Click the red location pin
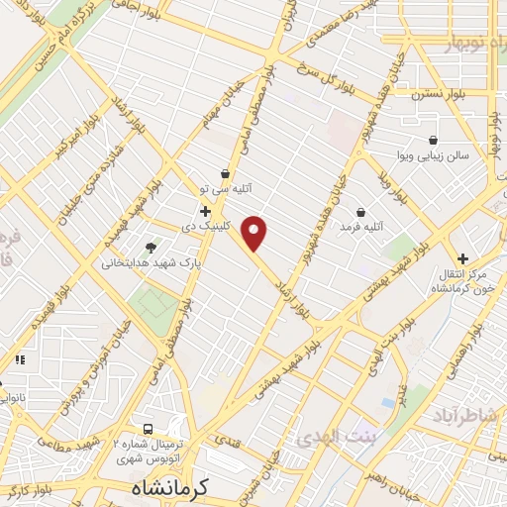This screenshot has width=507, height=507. point(255,233)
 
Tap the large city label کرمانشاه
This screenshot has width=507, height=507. point(173,489)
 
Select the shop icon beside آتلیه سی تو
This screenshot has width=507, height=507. point(227,174)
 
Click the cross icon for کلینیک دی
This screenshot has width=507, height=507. point(206,211)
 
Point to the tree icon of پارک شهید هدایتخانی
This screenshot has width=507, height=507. point(151,249)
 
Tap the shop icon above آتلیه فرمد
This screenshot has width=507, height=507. point(359,212)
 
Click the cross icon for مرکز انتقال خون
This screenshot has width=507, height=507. point(461,257)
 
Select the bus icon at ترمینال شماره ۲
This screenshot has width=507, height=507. point(147,430)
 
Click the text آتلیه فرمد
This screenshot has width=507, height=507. point(360,228)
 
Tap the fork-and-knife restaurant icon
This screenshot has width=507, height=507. point(20,359)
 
